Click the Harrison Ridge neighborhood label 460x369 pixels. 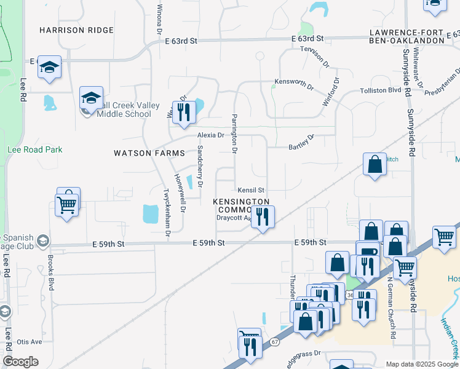pyautogui.click(x=76, y=30)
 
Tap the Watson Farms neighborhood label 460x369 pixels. pyautogui.click(x=149, y=153)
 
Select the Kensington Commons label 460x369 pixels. pyautogui.click(x=241, y=205)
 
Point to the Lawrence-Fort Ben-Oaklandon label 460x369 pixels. pyautogui.click(x=407, y=36)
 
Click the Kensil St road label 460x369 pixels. pyautogui.click(x=251, y=191)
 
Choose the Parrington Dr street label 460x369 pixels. pyautogui.click(x=234, y=132)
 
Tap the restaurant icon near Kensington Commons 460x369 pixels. pyautogui.click(x=263, y=217)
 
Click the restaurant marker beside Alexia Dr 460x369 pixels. pyautogui.click(x=183, y=113)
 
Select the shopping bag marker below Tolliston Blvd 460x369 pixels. pyautogui.click(x=375, y=165)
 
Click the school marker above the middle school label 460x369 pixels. pyautogui.click(x=91, y=98)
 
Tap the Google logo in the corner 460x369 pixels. pyautogui.click(x=20, y=362)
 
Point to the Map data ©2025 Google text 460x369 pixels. pyautogui.click(x=421, y=364)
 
